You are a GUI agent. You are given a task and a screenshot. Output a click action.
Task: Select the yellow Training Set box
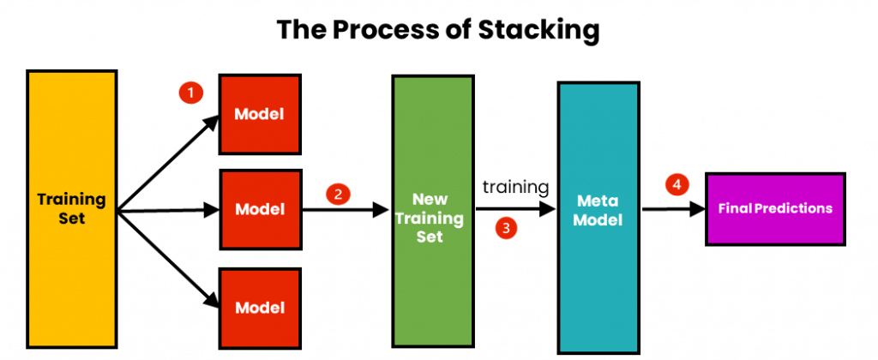click(72, 208)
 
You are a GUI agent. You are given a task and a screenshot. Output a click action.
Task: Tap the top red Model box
click(260, 114)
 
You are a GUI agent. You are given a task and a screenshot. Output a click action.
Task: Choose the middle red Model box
click(260, 209)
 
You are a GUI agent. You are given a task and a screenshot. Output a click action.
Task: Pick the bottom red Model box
click(260, 308)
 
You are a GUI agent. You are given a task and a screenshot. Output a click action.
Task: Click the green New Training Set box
click(433, 211)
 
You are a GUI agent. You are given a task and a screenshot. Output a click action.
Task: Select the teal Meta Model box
click(598, 217)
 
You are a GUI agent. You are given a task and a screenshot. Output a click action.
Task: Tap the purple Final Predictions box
click(775, 209)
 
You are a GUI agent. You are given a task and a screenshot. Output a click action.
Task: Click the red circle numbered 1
click(190, 93)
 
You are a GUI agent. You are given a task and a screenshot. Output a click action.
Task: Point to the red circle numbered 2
click(338, 195)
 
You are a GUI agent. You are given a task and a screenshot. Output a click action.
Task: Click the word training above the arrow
click(515, 188)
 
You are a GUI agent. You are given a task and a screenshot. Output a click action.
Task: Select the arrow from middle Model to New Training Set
click(346, 210)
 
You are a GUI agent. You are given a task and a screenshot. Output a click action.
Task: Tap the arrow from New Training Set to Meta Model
click(515, 209)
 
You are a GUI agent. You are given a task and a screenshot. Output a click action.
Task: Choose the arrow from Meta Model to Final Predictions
click(673, 209)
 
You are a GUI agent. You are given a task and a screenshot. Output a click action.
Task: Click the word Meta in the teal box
click(598, 201)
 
